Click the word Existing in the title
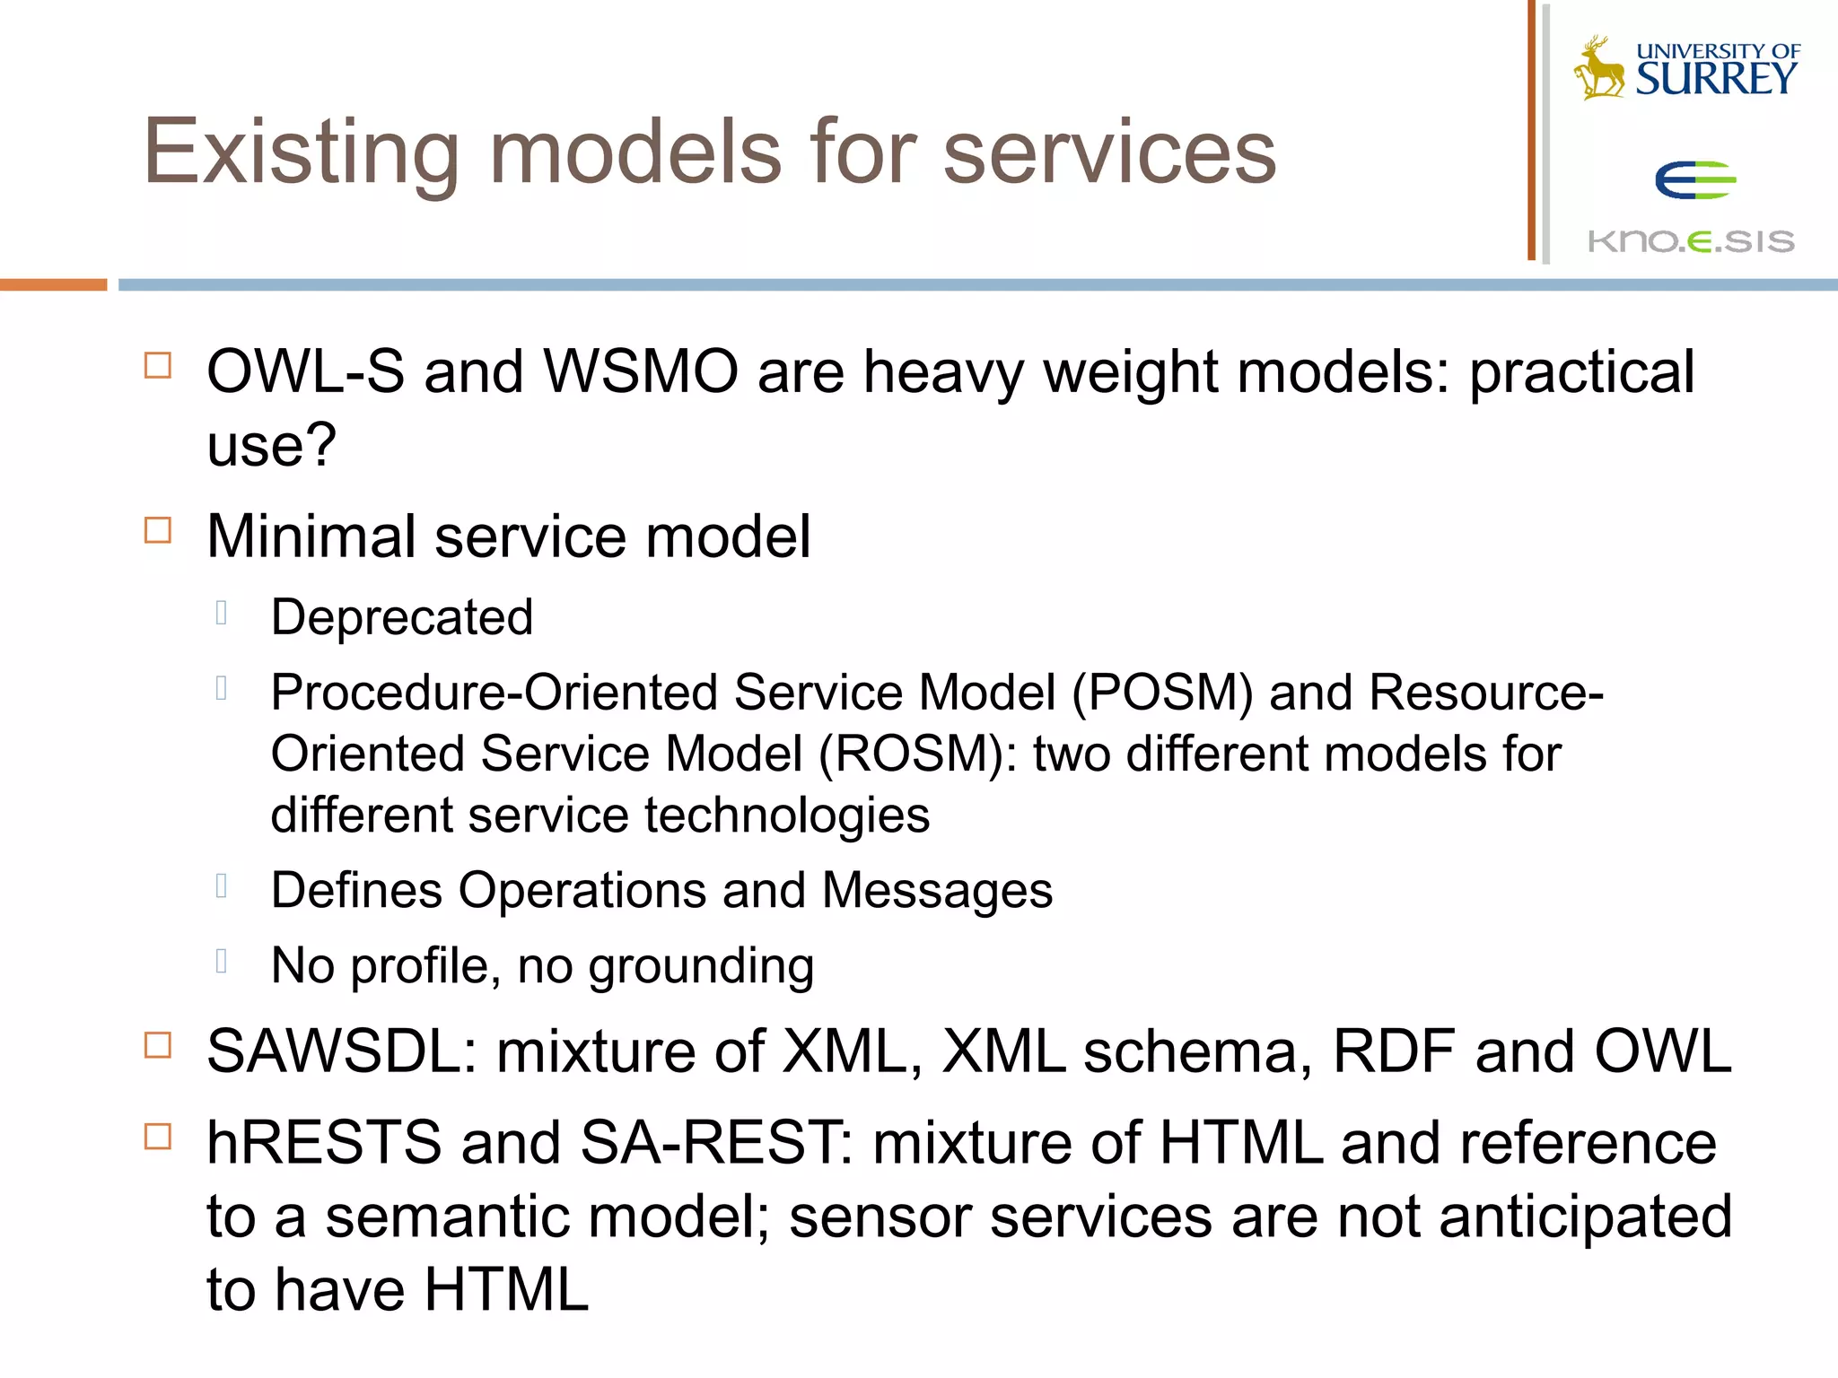(x=302, y=153)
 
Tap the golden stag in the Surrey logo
(x=1599, y=68)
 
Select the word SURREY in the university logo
(x=1716, y=79)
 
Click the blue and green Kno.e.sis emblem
(x=1694, y=180)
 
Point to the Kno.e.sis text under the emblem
(x=1691, y=241)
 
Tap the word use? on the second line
(x=271, y=445)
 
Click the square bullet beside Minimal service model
(x=158, y=530)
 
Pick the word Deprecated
(x=402, y=617)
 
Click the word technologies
(x=787, y=815)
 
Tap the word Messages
(x=937, y=890)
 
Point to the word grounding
(x=701, y=966)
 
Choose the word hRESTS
(x=324, y=1143)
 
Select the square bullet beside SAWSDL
(x=158, y=1045)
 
